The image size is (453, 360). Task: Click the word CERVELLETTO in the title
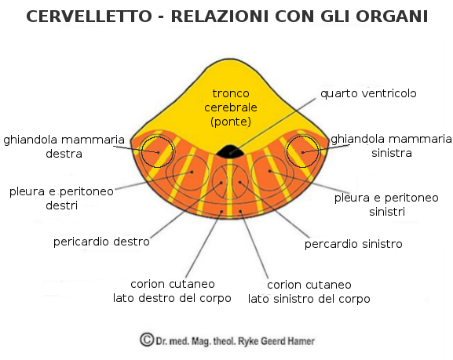[89, 16]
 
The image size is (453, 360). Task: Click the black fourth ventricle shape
[230, 151]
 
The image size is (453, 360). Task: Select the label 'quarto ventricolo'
[368, 93]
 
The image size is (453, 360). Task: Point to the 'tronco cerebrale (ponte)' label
[231, 107]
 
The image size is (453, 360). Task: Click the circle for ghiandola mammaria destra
[157, 151]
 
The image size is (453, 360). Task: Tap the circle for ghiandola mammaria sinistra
[302, 151]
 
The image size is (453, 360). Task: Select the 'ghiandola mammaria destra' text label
[64, 147]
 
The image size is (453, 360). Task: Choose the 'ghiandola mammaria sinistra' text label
[392, 146]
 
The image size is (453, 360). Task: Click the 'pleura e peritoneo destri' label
[61, 198]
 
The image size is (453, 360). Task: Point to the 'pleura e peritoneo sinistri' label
[386, 205]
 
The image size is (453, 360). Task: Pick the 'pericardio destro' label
[101, 242]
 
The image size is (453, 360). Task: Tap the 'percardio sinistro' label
[353, 244]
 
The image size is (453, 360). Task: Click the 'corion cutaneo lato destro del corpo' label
[172, 291]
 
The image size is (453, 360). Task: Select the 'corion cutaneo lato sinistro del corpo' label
[309, 292]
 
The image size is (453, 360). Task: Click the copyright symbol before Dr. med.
[147, 340]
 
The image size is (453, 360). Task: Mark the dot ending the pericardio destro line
[221, 183]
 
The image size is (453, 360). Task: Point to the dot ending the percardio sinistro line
[239, 182]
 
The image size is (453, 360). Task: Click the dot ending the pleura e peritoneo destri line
[192, 172]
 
